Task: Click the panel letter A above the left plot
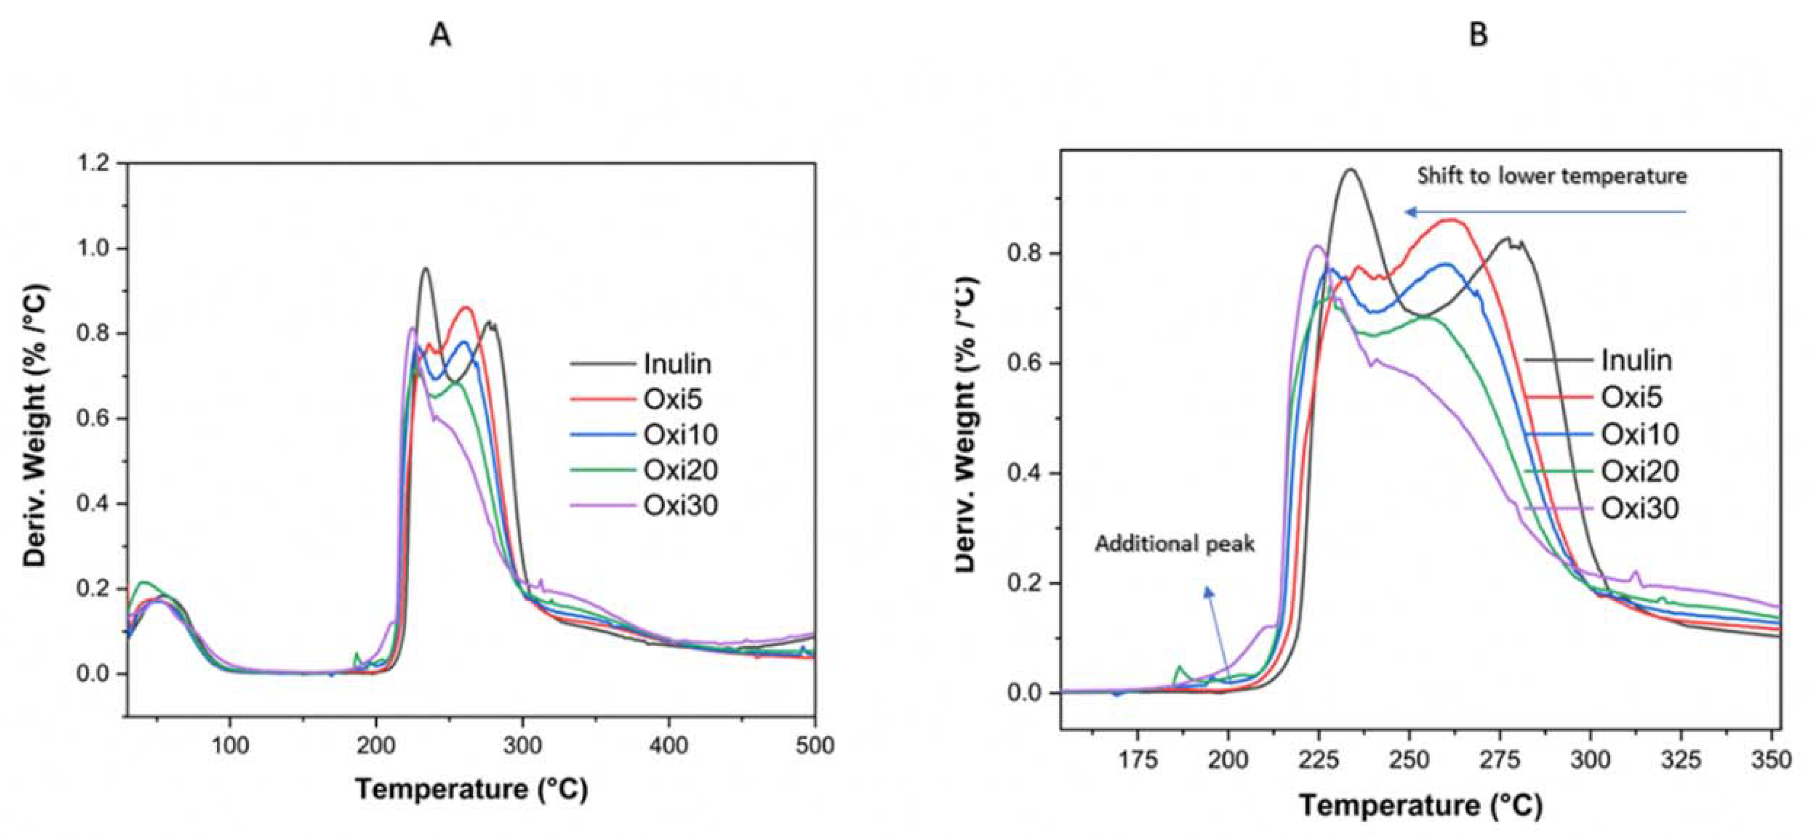click(440, 34)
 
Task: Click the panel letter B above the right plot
click(1479, 34)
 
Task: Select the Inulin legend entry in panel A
click(677, 364)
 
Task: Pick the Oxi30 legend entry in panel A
click(680, 506)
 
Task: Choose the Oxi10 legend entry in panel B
click(1640, 434)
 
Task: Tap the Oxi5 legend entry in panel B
click(1632, 398)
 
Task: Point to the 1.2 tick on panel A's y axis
click(95, 164)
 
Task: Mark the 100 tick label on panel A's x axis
click(230, 745)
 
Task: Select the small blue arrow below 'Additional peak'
click(1218, 630)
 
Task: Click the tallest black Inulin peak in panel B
click(1350, 170)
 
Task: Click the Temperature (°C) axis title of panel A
click(471, 789)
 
